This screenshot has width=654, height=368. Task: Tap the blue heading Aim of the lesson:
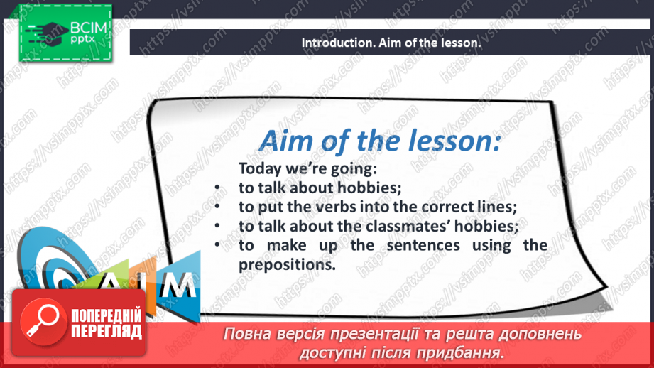tap(380, 141)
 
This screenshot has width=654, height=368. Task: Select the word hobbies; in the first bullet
tap(369, 188)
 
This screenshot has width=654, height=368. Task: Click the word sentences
tap(423, 245)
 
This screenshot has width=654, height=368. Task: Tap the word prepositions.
tap(287, 265)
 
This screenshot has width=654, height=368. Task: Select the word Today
tap(259, 168)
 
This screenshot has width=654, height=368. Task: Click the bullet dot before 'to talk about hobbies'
tap(217, 188)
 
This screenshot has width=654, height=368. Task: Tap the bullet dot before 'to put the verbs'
tap(217, 206)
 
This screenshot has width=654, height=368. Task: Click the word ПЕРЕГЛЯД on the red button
tap(107, 332)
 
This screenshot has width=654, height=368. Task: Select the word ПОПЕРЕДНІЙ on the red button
tap(107, 316)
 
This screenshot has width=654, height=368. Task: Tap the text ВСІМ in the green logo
tap(89, 28)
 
